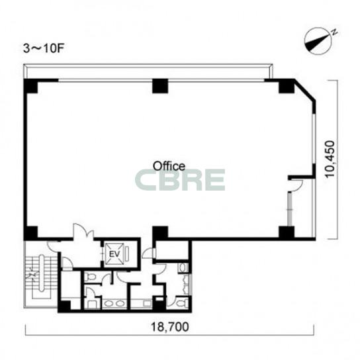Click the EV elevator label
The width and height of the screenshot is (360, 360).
click(x=114, y=254)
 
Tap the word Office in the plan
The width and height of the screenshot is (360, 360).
click(x=169, y=165)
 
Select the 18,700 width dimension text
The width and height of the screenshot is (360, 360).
click(x=170, y=327)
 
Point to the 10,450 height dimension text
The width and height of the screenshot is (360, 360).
click(x=330, y=159)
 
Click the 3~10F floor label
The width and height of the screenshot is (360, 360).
click(x=44, y=49)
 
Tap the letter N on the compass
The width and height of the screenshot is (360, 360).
click(x=334, y=32)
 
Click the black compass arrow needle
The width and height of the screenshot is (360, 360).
click(x=318, y=42)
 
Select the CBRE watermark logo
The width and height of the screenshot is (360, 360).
click(x=180, y=180)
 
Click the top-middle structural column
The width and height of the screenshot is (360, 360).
click(x=160, y=86)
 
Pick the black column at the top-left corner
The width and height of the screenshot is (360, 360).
click(x=30, y=85)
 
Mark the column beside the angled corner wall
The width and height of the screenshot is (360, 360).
click(x=287, y=86)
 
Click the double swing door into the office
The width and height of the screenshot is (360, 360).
click(x=83, y=232)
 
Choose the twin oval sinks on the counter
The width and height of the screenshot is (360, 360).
click(x=114, y=304)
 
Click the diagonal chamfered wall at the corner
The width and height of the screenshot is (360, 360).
click(x=304, y=90)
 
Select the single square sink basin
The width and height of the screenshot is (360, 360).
click(x=147, y=304)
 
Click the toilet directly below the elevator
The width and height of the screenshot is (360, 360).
click(x=90, y=277)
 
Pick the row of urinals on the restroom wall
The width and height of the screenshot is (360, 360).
click(x=186, y=285)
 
